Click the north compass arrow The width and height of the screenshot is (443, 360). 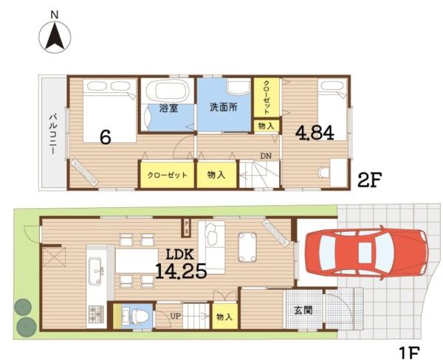point(55,36)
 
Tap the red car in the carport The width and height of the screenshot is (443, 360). point(367,252)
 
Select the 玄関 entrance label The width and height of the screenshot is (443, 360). point(303,311)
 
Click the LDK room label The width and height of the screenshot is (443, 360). point(179,255)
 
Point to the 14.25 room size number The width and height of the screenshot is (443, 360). point(181,271)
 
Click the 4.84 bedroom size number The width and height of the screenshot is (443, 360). point(315,133)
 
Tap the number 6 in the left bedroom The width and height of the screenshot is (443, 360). point(106,138)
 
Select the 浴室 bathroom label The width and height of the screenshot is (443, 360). point(168,108)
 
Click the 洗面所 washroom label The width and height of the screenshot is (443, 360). point(224,107)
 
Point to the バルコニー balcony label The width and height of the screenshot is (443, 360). point(53,134)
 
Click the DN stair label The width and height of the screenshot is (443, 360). point(266,156)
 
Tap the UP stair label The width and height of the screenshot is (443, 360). point(175,316)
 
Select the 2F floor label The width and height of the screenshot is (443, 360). point(370,180)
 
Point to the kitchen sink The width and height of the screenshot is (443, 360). point(96,271)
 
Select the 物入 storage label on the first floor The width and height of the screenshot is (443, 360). point(224,316)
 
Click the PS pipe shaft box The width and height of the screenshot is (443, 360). point(187,228)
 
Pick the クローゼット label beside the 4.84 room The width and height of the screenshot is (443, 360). point(267,97)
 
